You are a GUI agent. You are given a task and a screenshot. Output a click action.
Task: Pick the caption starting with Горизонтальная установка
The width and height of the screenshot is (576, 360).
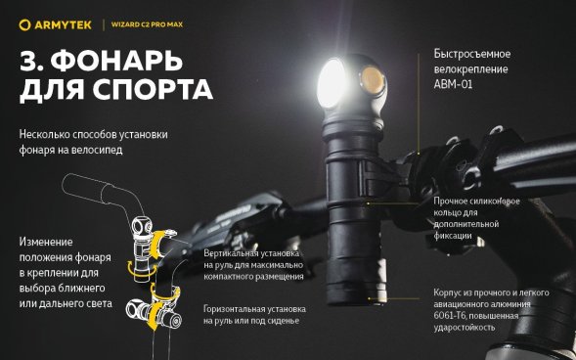point(254,315)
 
